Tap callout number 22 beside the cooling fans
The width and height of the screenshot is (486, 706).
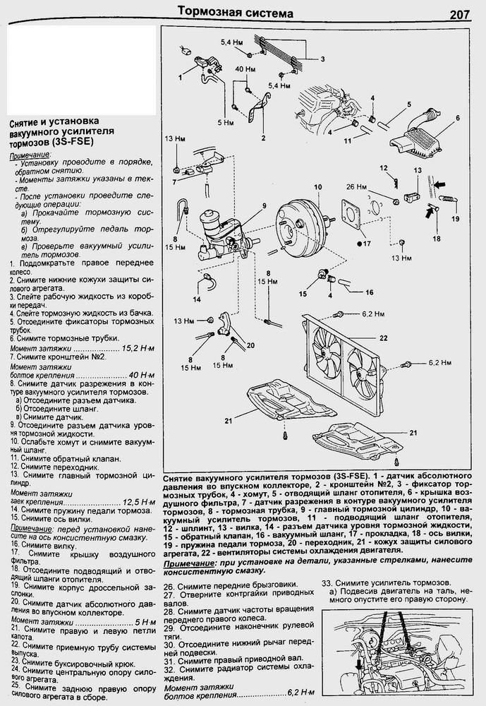click(x=384, y=338)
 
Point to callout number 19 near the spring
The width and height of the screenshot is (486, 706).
click(x=455, y=218)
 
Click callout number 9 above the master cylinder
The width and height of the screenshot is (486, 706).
click(x=265, y=205)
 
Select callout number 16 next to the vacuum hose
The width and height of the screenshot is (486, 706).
click(x=369, y=291)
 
